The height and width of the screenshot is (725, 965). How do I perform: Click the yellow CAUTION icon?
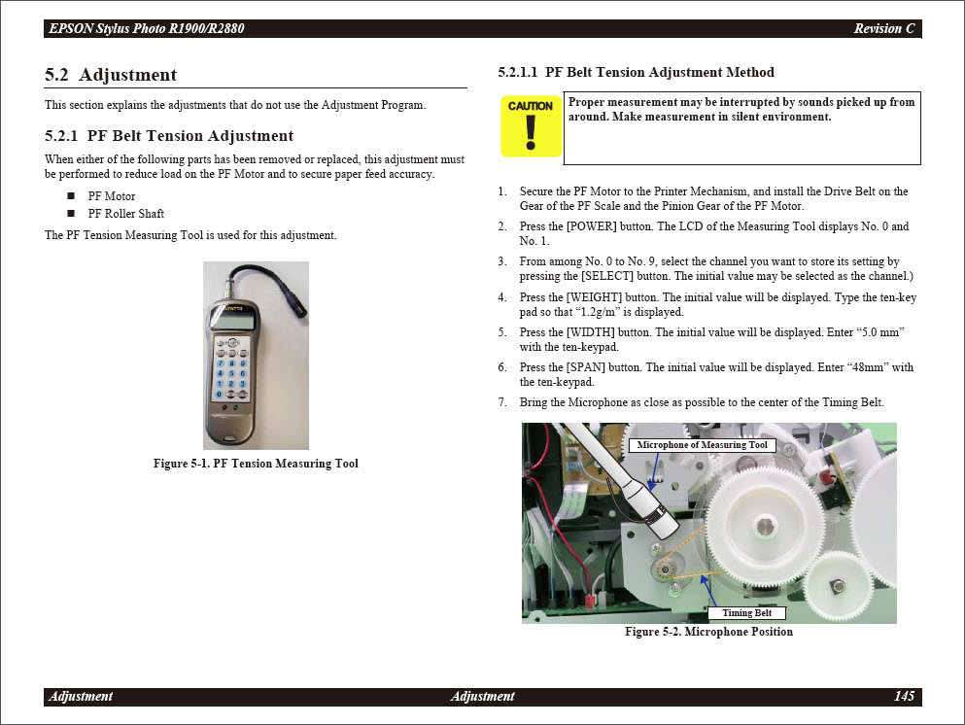(x=531, y=126)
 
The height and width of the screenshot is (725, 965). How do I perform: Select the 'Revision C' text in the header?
(x=883, y=28)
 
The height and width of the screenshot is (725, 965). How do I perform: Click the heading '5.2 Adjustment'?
(x=111, y=75)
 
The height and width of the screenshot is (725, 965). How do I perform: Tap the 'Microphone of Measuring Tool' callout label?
(x=702, y=445)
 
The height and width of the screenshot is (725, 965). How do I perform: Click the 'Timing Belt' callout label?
(x=746, y=613)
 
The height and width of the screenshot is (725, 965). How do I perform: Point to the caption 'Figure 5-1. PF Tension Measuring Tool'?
(x=256, y=464)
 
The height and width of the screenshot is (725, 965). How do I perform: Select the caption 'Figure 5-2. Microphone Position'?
(x=708, y=632)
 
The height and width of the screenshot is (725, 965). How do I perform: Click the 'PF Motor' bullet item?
(x=112, y=196)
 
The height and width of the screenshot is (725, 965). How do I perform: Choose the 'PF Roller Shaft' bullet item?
(x=125, y=214)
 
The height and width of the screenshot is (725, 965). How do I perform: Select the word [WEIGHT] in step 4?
(x=597, y=297)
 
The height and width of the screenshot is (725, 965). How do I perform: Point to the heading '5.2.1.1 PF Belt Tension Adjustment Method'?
(x=636, y=73)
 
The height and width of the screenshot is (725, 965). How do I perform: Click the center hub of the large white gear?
(x=766, y=526)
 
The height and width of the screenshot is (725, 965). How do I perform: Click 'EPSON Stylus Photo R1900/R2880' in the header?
(x=146, y=28)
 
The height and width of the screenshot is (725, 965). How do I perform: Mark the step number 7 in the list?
(x=502, y=402)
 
